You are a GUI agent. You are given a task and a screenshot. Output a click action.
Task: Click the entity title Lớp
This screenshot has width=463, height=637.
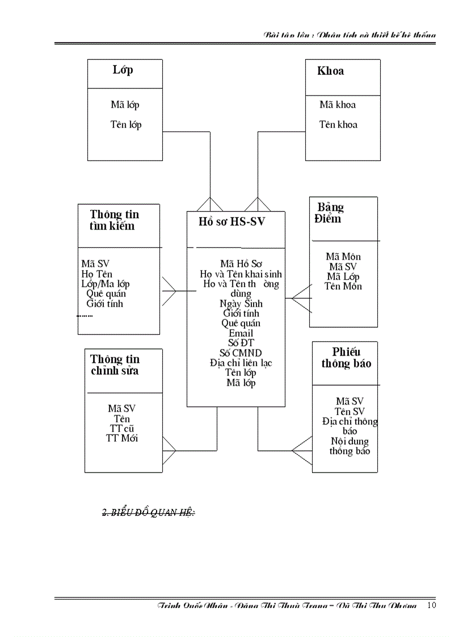(123, 70)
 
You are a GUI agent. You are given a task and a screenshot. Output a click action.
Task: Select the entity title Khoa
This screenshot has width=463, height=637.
(330, 71)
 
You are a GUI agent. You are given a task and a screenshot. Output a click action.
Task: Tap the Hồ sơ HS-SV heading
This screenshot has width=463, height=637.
(228, 222)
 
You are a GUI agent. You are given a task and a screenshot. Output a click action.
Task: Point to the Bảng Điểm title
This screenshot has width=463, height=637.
(329, 213)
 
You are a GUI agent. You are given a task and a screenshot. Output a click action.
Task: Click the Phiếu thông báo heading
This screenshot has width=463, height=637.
(346, 357)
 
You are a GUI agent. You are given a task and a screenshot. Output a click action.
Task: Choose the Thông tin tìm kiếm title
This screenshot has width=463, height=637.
(114, 220)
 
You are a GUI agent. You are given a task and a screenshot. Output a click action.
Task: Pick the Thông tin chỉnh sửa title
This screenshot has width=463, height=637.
(115, 365)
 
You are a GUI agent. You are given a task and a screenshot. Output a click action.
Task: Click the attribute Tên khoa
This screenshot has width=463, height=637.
(338, 125)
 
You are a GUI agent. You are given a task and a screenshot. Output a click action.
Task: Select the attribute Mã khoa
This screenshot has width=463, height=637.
(338, 105)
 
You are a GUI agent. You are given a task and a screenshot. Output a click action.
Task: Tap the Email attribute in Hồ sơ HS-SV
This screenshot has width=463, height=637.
(241, 333)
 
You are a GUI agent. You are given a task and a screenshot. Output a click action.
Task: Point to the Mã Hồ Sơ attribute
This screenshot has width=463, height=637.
(241, 264)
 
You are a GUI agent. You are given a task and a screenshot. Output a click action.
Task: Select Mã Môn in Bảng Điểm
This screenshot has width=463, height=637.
(343, 257)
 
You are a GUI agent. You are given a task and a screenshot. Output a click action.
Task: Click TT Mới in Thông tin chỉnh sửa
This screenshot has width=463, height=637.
(121, 438)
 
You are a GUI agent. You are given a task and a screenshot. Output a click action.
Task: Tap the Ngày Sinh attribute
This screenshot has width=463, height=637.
(241, 303)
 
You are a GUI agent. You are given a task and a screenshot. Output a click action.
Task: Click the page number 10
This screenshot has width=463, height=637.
(431, 605)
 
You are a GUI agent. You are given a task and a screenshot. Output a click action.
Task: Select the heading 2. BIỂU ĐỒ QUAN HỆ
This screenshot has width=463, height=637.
(148, 513)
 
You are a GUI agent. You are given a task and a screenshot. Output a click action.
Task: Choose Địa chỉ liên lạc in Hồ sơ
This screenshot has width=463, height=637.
(241, 362)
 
